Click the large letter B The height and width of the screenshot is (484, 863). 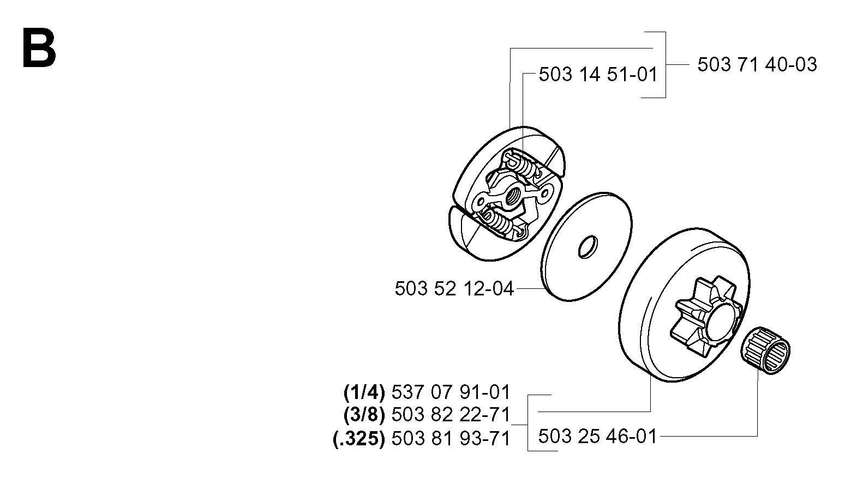39,48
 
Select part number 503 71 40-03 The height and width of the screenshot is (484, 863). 757,65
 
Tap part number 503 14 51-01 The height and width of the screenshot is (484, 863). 598,74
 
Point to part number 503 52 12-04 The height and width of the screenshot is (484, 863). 454,289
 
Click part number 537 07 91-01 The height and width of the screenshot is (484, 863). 451,392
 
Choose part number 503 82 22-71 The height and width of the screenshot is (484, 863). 451,415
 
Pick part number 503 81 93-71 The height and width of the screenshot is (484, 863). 451,439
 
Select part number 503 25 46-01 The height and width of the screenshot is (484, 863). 597,437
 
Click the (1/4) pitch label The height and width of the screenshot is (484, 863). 364,392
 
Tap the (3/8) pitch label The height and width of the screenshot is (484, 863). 364,415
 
